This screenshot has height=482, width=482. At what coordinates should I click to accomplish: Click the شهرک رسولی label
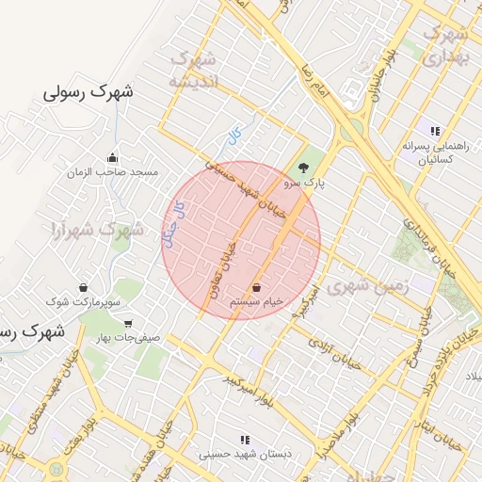click(90, 93)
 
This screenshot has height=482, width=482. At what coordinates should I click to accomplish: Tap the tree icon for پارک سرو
click(303, 168)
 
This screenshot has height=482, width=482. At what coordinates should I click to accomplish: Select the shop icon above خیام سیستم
click(257, 286)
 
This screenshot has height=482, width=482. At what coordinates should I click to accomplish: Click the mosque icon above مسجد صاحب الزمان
click(114, 158)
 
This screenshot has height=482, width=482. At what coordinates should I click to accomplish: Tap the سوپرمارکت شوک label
click(85, 301)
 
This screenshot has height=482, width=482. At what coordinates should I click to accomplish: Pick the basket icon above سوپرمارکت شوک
click(85, 287)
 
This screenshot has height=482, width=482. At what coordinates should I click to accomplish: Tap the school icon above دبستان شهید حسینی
click(245, 440)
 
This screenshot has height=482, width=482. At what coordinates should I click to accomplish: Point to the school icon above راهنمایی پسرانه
click(434, 131)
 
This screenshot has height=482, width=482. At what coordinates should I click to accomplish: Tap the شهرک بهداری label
click(446, 45)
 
